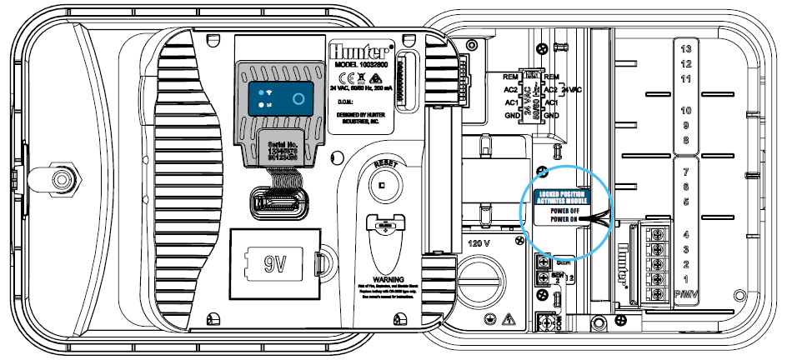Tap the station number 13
coord(686,49)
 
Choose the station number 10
coord(686,111)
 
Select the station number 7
coord(686,172)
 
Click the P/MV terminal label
coord(686,296)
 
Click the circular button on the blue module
coord(298,99)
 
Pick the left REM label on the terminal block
coord(513,77)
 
